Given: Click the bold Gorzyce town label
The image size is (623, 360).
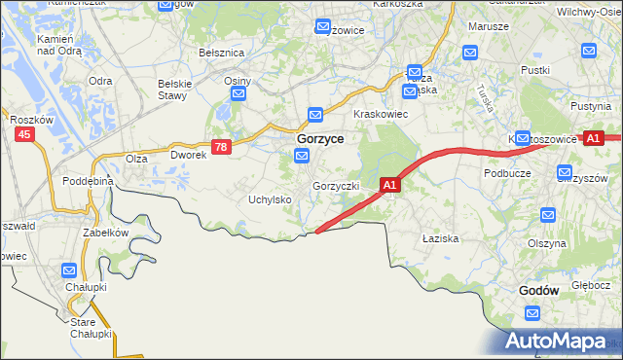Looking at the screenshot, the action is [x=318, y=140].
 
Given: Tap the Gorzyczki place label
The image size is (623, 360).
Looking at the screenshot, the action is [x=337, y=185].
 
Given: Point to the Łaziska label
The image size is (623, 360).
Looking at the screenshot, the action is [x=440, y=237].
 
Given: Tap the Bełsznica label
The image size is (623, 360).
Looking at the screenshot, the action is [x=220, y=52].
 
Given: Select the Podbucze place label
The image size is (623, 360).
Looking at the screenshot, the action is [x=506, y=172].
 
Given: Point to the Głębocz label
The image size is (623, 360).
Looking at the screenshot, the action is [x=590, y=286].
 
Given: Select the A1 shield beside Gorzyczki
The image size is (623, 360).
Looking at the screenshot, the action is [x=389, y=184].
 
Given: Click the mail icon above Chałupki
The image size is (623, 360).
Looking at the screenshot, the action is [x=70, y=270].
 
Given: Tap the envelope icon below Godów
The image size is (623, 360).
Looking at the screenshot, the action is [x=532, y=313].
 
